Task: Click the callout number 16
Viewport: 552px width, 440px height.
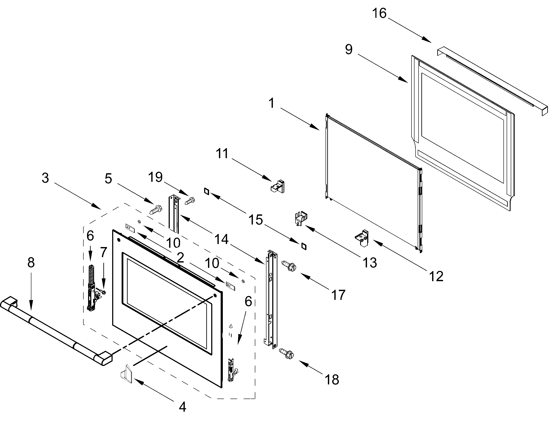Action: tap(379, 13)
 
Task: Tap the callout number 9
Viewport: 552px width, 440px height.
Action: tap(349, 49)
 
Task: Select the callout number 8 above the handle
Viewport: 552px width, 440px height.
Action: tap(31, 262)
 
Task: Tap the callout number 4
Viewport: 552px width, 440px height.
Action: tap(182, 407)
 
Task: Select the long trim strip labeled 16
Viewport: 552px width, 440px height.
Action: tap(492, 80)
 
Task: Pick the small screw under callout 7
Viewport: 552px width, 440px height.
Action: tap(103, 292)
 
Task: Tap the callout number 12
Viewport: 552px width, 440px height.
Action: tap(436, 276)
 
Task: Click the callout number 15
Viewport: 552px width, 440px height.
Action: tap(255, 220)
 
